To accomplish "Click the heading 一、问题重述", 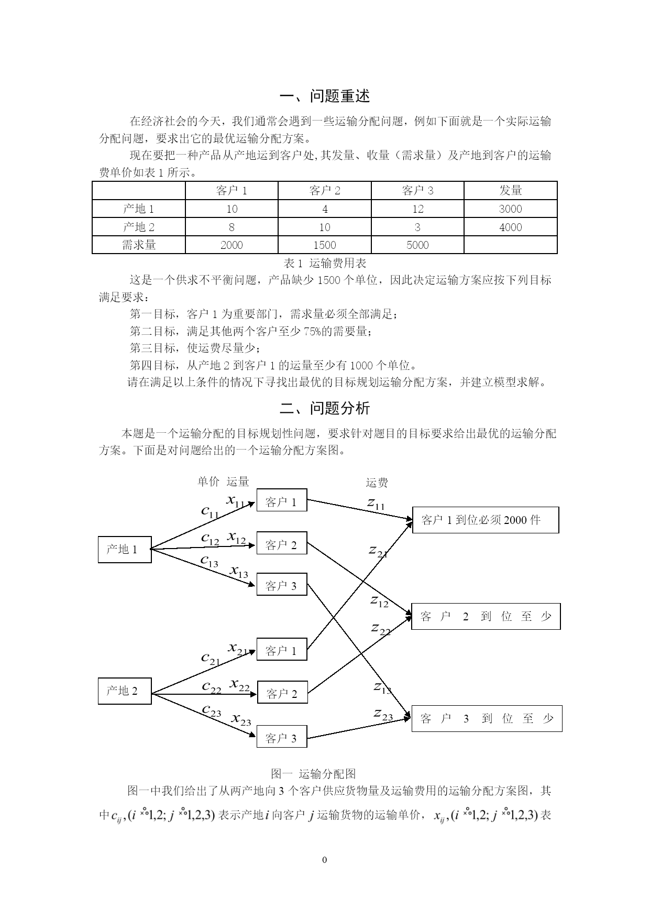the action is point(325,96).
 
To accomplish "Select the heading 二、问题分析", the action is point(325,408).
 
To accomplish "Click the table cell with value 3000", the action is point(510,209).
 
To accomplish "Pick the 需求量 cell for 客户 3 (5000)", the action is point(417,245).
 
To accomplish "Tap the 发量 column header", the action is point(510,190).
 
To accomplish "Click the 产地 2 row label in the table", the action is point(139,227).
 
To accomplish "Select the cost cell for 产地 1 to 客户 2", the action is point(325,209).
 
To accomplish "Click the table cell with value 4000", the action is point(510,227).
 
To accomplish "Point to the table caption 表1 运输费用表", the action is point(325,263).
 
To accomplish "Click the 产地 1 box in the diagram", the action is point(125,550).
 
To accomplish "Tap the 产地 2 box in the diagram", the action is point(125,691).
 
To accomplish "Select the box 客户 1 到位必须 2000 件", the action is point(486,520).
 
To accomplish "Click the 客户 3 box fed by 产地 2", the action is point(282,738).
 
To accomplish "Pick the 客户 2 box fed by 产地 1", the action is point(282,544).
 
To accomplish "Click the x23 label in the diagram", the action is point(241,719).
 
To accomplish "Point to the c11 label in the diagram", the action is point(210,511).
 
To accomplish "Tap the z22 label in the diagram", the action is point(381,628).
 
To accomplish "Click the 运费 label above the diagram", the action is point(377,483).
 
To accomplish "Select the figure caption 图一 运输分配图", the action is point(314,774).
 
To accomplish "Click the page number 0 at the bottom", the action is point(325,860).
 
